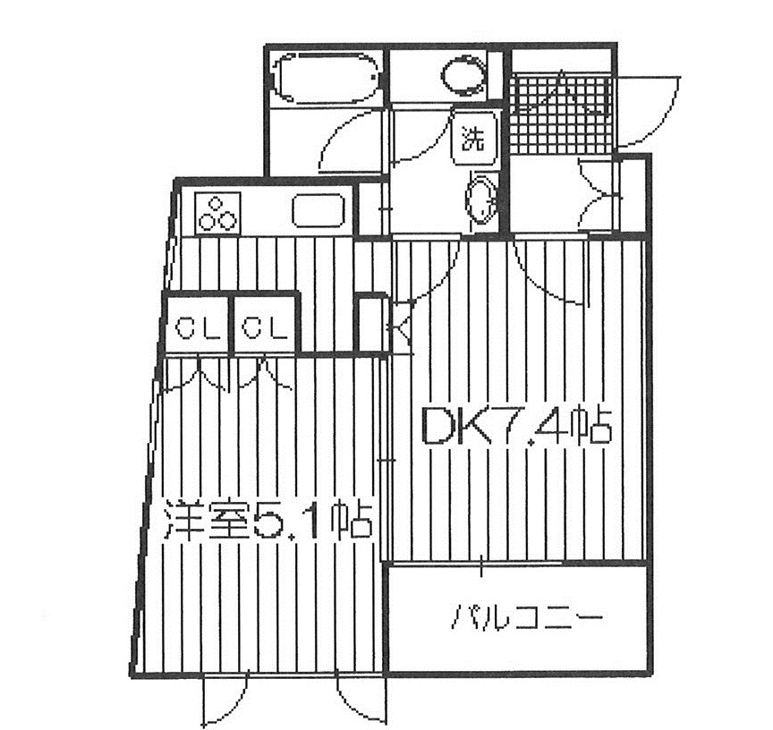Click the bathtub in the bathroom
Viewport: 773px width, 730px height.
tap(327, 78)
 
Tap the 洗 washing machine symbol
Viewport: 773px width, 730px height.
tap(473, 139)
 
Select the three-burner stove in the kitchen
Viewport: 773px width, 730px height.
tap(218, 212)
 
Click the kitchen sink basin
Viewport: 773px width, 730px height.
tap(318, 211)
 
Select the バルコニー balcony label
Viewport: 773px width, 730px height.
tap(526, 617)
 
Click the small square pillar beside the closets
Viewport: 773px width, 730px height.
tap(371, 323)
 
